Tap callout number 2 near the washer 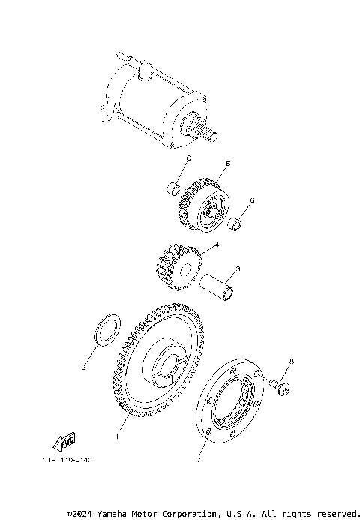pos(84,368)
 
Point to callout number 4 pos(216,245)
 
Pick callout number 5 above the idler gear pos(227,163)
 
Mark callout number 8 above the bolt pos(291,362)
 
